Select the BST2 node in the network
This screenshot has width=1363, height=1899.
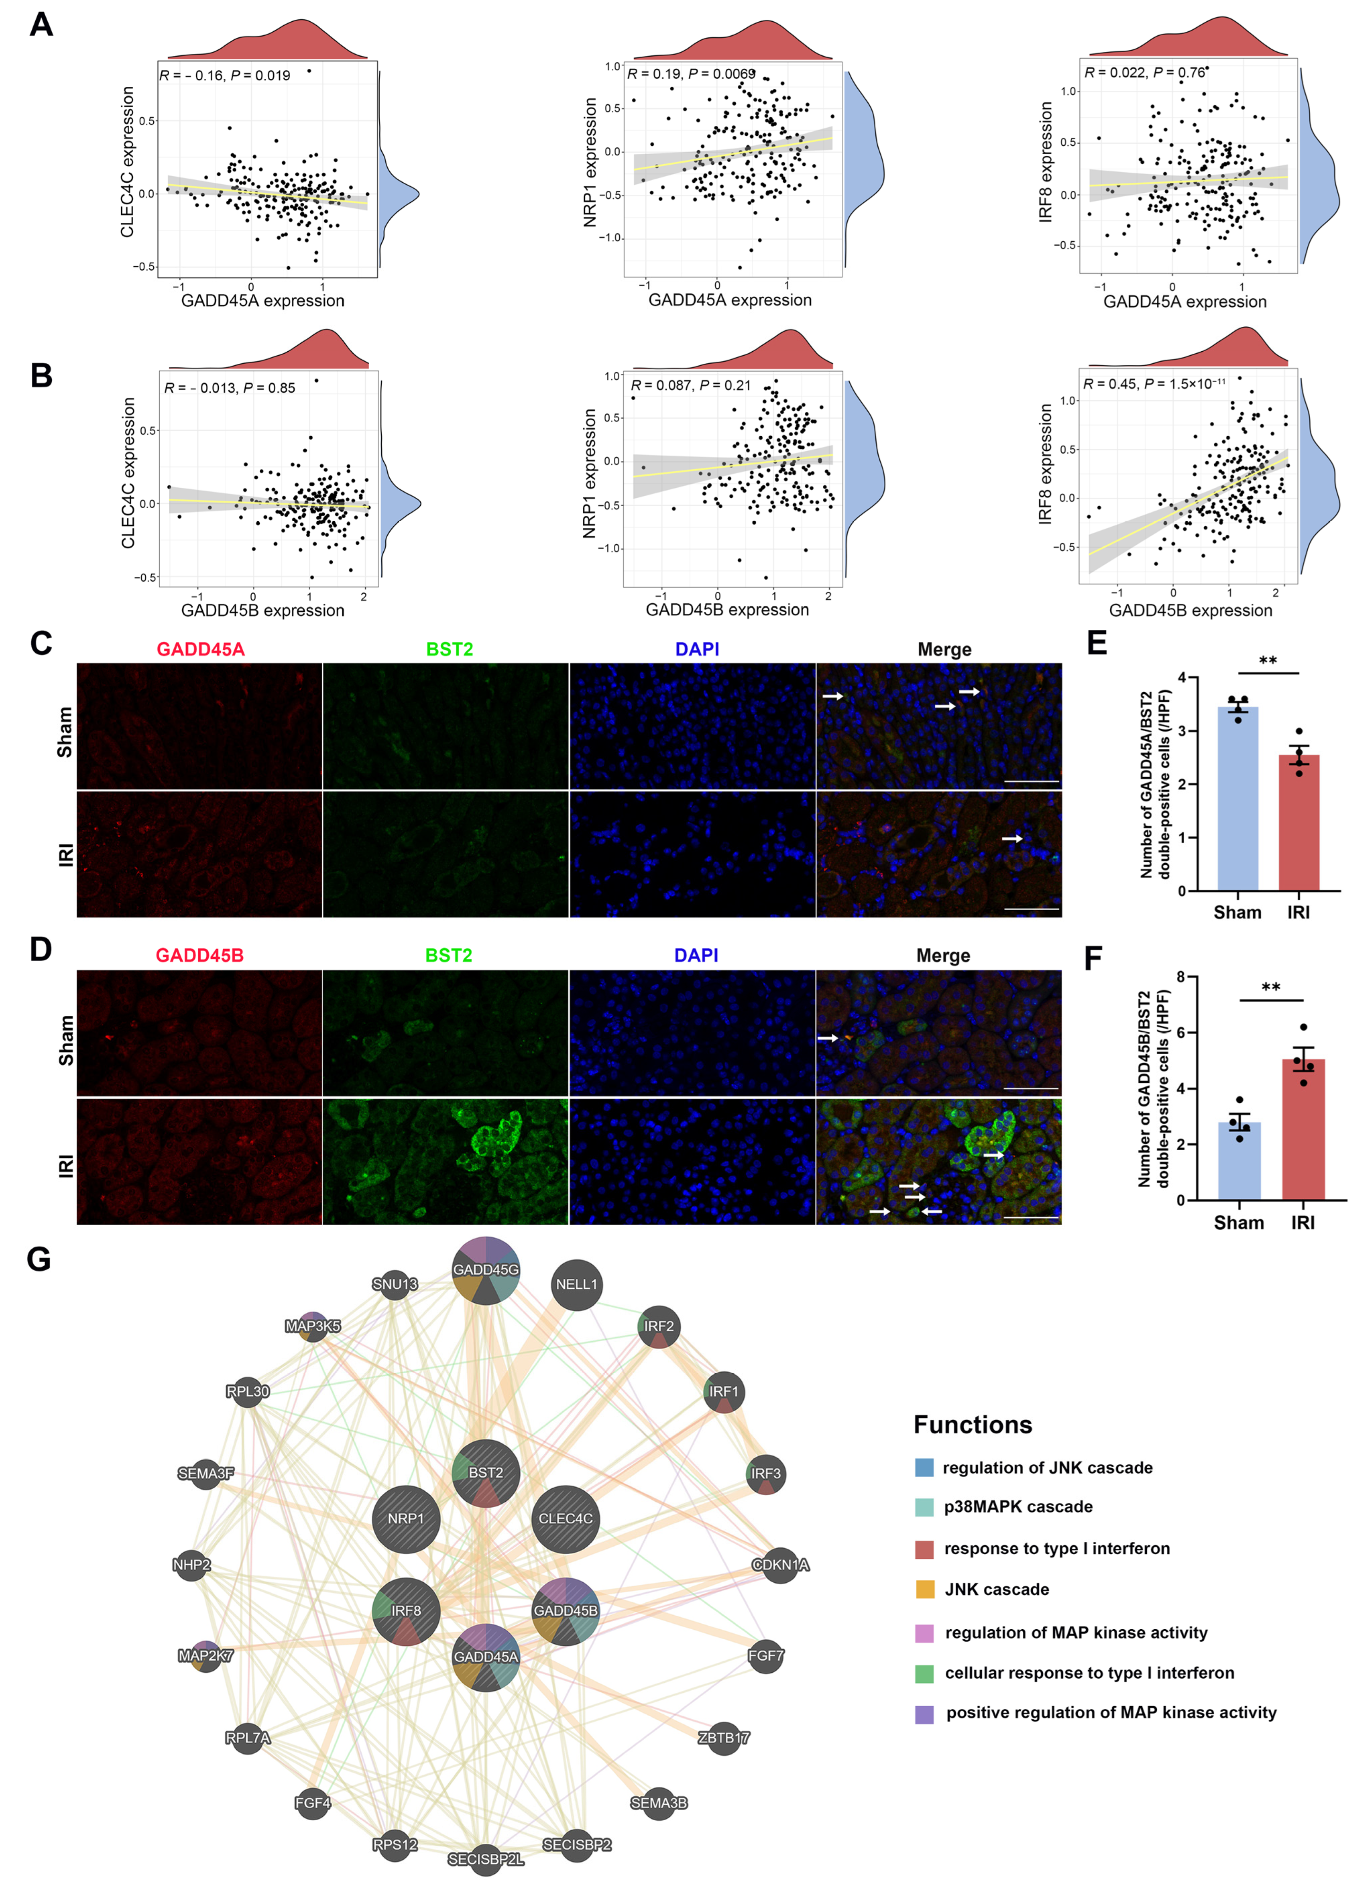[486, 1472]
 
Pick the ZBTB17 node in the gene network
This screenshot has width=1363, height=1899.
[723, 1737]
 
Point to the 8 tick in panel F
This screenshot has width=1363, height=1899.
[1180, 976]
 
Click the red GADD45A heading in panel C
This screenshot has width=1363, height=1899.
[200, 649]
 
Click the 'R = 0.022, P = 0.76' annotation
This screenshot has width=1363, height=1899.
[1144, 73]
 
